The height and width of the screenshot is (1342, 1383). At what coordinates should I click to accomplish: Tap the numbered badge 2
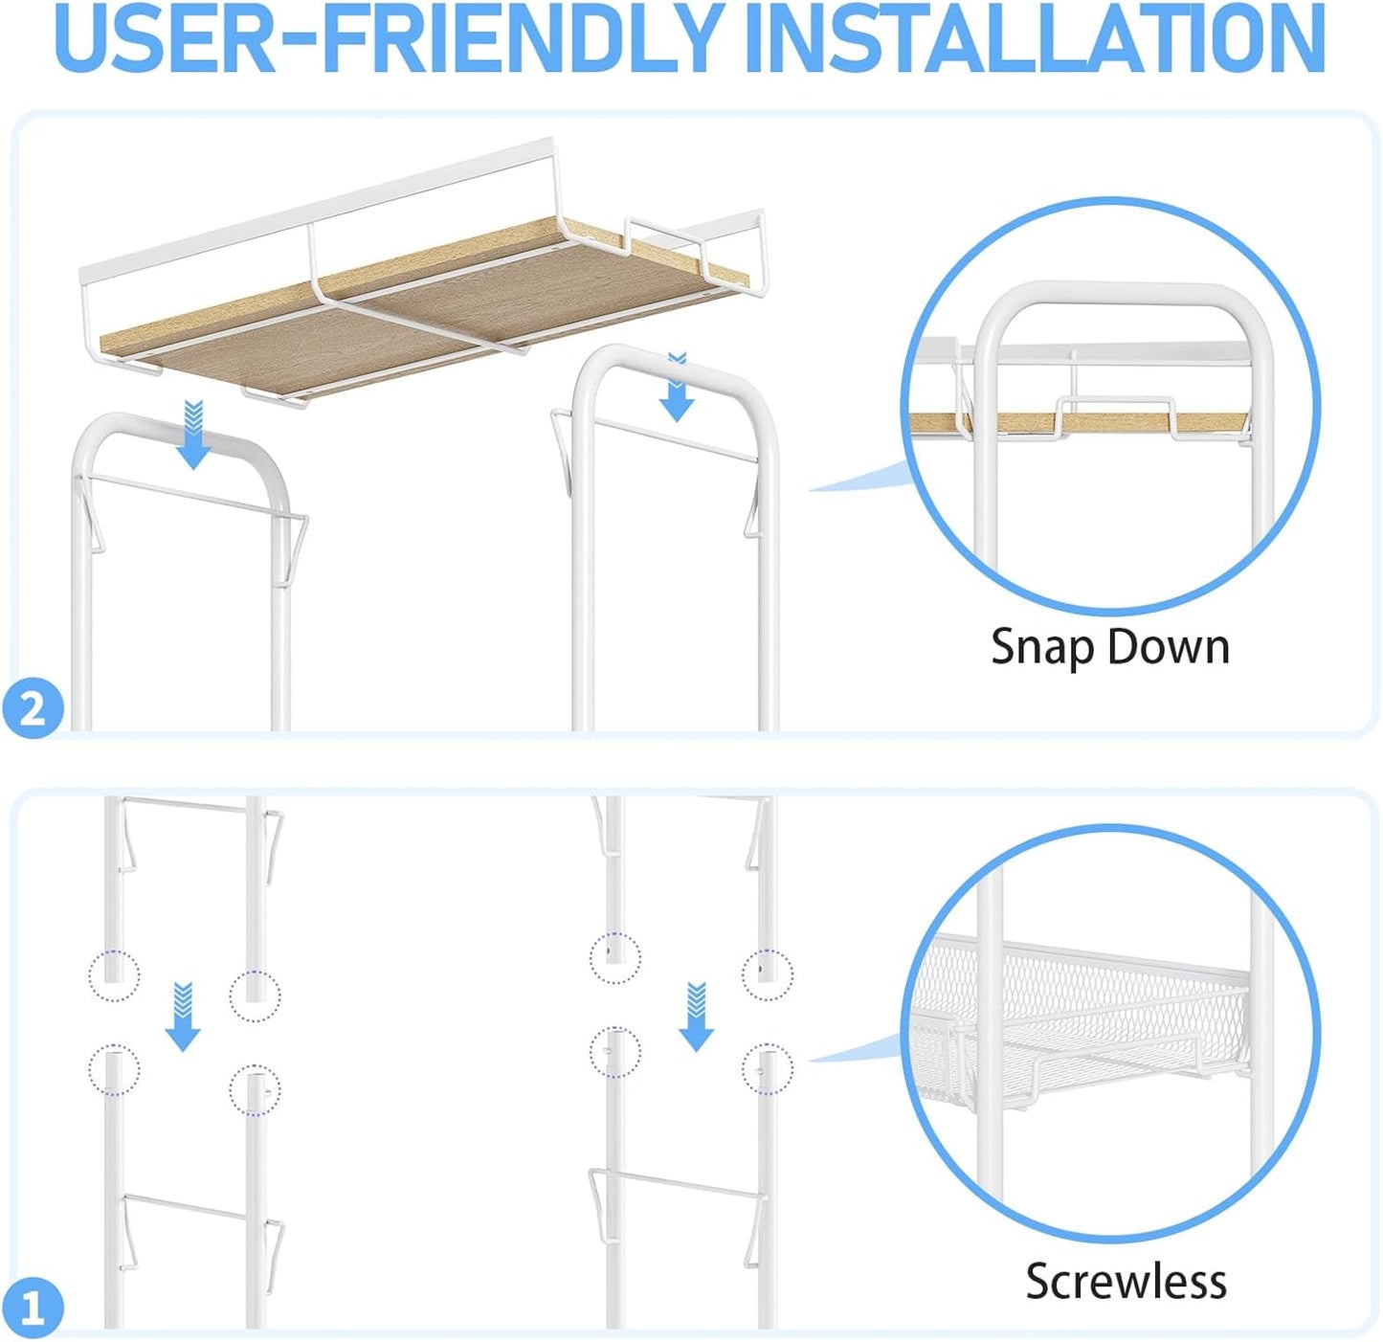coord(33,708)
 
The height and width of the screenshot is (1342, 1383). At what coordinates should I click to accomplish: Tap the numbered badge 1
coord(33,1307)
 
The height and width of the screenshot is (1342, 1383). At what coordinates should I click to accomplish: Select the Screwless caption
coord(1126,1281)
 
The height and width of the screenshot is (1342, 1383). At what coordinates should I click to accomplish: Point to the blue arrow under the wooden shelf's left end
coord(193,435)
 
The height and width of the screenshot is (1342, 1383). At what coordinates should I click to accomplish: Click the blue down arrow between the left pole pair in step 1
coord(184,1017)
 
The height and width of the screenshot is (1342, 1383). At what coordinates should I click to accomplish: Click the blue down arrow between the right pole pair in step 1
coord(697,1017)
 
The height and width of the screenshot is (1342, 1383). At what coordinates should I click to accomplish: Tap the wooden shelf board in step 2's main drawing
coord(419,313)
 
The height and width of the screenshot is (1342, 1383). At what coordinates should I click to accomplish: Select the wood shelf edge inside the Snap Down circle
coord(1081,422)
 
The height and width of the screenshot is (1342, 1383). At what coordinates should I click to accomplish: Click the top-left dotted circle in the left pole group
coord(115,975)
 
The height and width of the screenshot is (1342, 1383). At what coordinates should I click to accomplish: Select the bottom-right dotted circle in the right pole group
coord(768,1068)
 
